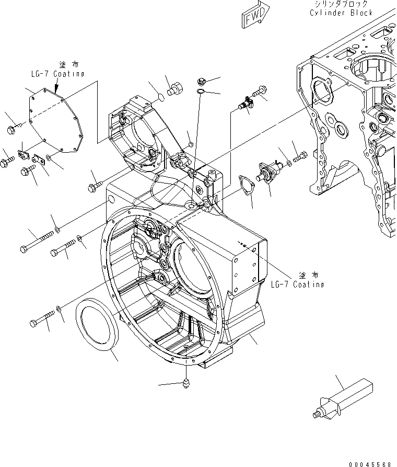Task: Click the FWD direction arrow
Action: [255, 15]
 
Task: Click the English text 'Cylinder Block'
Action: [341, 13]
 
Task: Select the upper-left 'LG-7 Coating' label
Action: [57, 74]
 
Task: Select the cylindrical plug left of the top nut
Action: [173, 88]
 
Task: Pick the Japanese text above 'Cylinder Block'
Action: [341, 3]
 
